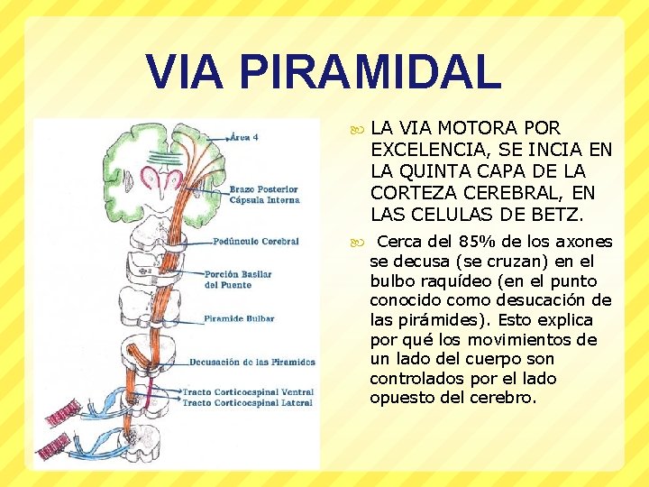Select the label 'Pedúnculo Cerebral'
pos(256,242)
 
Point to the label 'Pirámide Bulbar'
pos(239,318)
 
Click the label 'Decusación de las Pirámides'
pos(252,363)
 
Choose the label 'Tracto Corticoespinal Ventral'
pos(248,392)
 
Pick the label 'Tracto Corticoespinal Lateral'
pos(247,403)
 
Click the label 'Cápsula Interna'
pos(264,200)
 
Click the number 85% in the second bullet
pos(475,242)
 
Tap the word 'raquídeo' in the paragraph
pos(443,280)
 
